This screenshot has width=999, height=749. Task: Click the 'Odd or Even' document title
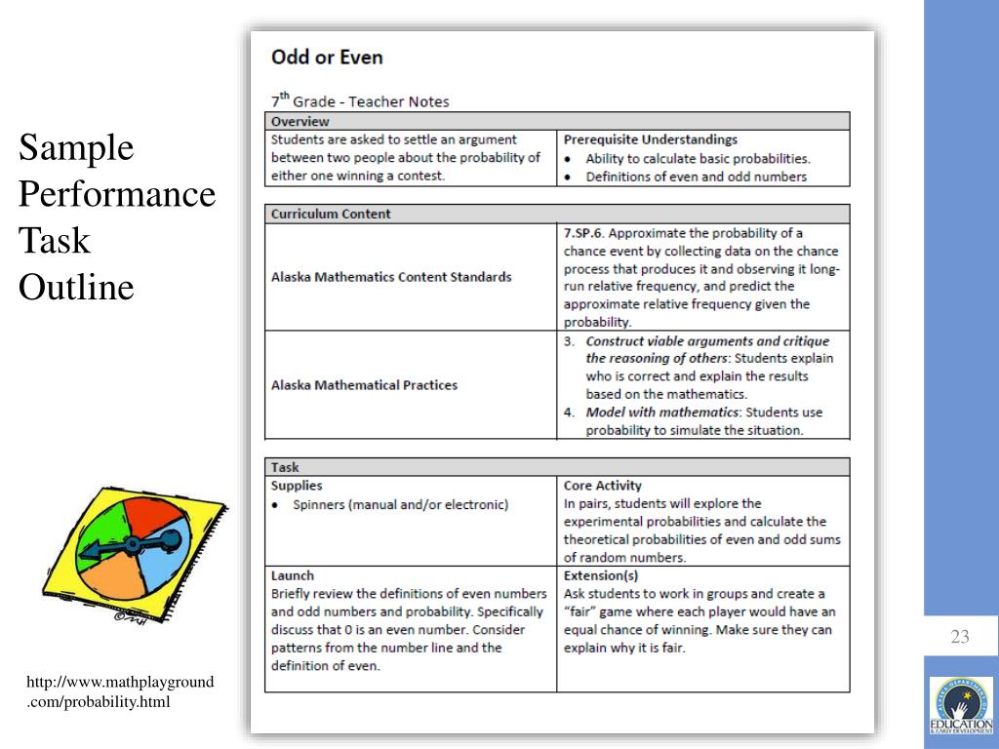327,57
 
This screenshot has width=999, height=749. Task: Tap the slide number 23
960,638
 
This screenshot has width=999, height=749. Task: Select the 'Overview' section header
300,122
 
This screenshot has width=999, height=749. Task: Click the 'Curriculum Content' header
330,214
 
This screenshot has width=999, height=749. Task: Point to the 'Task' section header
285,467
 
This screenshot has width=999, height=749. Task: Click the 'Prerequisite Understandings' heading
650,139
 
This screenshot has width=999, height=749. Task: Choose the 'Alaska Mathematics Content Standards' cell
390,277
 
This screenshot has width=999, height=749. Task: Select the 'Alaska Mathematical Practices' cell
364,385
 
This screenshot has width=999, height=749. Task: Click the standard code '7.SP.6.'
586,233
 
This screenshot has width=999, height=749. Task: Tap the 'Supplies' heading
297,485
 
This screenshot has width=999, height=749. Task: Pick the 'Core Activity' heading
602,485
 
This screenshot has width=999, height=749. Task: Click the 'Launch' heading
293,575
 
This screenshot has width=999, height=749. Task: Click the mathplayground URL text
120,692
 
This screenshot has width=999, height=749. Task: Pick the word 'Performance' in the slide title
117,194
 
